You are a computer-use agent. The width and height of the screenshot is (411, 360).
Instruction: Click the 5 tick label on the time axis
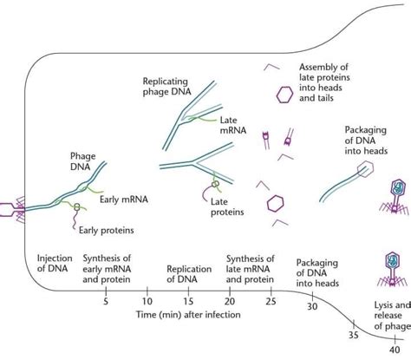[106, 302]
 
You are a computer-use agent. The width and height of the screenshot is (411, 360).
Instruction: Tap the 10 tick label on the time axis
[147, 302]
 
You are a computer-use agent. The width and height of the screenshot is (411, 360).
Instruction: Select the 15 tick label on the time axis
[188, 302]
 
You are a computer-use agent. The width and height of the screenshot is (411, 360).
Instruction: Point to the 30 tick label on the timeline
[312, 306]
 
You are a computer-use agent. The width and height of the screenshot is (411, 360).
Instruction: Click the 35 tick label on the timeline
[353, 335]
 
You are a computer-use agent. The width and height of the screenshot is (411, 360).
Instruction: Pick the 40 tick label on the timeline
[394, 350]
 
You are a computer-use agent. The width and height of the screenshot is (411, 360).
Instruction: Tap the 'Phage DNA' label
[83, 161]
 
